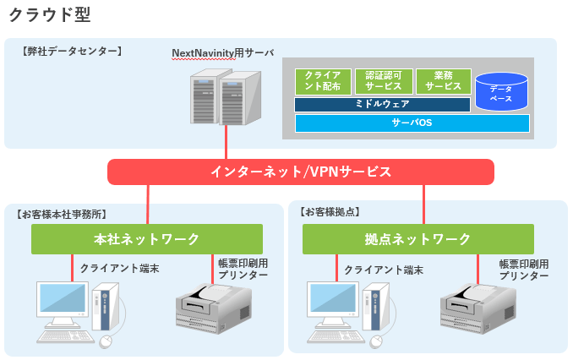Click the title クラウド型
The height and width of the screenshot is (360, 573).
click(50, 15)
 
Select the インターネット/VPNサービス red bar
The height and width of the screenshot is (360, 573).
click(301, 172)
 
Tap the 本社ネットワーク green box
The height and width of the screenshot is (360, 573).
click(147, 239)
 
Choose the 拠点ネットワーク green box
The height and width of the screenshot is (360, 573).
click(418, 239)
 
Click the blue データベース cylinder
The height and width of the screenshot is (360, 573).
click(501, 92)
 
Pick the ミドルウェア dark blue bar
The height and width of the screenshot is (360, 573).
click(382, 104)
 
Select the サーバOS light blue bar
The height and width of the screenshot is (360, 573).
click(412, 123)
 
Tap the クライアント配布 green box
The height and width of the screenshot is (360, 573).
click(323, 81)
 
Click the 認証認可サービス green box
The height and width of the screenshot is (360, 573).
click(384, 81)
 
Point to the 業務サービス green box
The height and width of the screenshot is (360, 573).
click(444, 81)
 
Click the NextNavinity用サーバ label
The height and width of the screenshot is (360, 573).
click(223, 53)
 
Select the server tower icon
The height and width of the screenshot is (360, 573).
click(226, 97)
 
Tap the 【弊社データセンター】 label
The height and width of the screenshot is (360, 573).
click(72, 52)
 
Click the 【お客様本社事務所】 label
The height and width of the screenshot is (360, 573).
click(62, 214)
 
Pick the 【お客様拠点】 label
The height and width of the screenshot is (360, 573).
click(330, 211)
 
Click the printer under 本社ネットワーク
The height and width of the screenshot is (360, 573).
click(214, 308)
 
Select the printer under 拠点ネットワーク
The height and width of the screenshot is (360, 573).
click(478, 308)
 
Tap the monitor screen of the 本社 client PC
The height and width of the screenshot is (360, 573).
click(63, 298)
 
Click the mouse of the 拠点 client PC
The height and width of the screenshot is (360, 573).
click(376, 341)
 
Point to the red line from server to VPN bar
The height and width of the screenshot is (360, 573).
click(226, 142)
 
